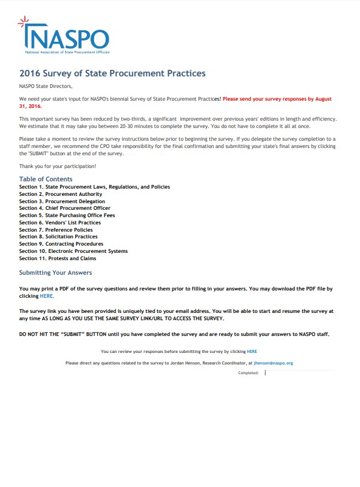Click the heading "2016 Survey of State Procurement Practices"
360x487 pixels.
click(x=112, y=74)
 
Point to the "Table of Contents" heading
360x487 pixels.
click(x=46, y=179)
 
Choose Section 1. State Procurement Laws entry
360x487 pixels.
click(x=94, y=187)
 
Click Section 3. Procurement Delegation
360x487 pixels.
click(x=62, y=201)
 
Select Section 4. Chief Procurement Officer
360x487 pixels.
click(x=65, y=208)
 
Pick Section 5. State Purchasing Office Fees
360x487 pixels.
click(x=67, y=215)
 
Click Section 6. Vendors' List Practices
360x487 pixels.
click(x=60, y=223)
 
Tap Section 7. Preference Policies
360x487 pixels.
click(x=56, y=230)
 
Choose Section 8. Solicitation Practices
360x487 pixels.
click(x=58, y=237)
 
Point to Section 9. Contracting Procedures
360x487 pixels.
click(x=61, y=244)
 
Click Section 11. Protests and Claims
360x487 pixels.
click(x=58, y=258)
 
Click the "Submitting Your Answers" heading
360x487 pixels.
click(x=55, y=273)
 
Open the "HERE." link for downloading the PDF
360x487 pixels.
click(x=47, y=296)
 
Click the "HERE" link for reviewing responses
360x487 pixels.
click(x=252, y=351)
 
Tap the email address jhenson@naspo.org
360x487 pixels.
click(x=273, y=363)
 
